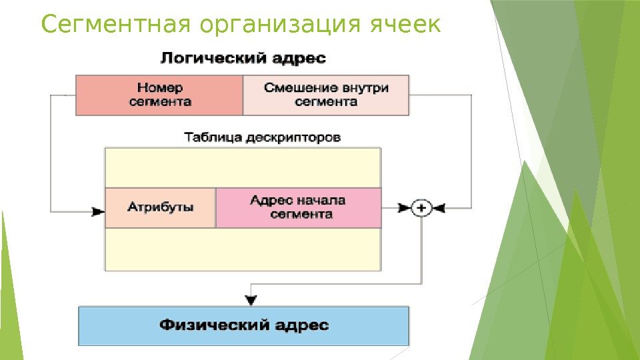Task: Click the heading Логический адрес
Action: pyautogui.click(x=243, y=58)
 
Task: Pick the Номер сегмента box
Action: pyautogui.click(x=159, y=95)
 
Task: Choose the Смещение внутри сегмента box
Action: pyautogui.click(x=326, y=95)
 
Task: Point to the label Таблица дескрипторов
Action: pyautogui.click(x=262, y=138)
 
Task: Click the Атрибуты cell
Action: pyautogui.click(x=160, y=208)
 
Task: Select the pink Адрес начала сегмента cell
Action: pyautogui.click(x=299, y=208)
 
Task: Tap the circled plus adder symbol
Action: pyautogui.click(x=421, y=209)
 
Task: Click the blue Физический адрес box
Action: pyautogui.click(x=243, y=325)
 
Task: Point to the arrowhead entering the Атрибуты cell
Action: pyautogui.click(x=98, y=211)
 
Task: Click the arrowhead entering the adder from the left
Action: pyautogui.click(x=405, y=209)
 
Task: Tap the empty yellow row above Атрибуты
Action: pyautogui.click(x=243, y=168)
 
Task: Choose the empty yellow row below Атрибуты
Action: pyautogui.click(x=243, y=249)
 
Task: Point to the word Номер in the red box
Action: pyautogui.click(x=160, y=88)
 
